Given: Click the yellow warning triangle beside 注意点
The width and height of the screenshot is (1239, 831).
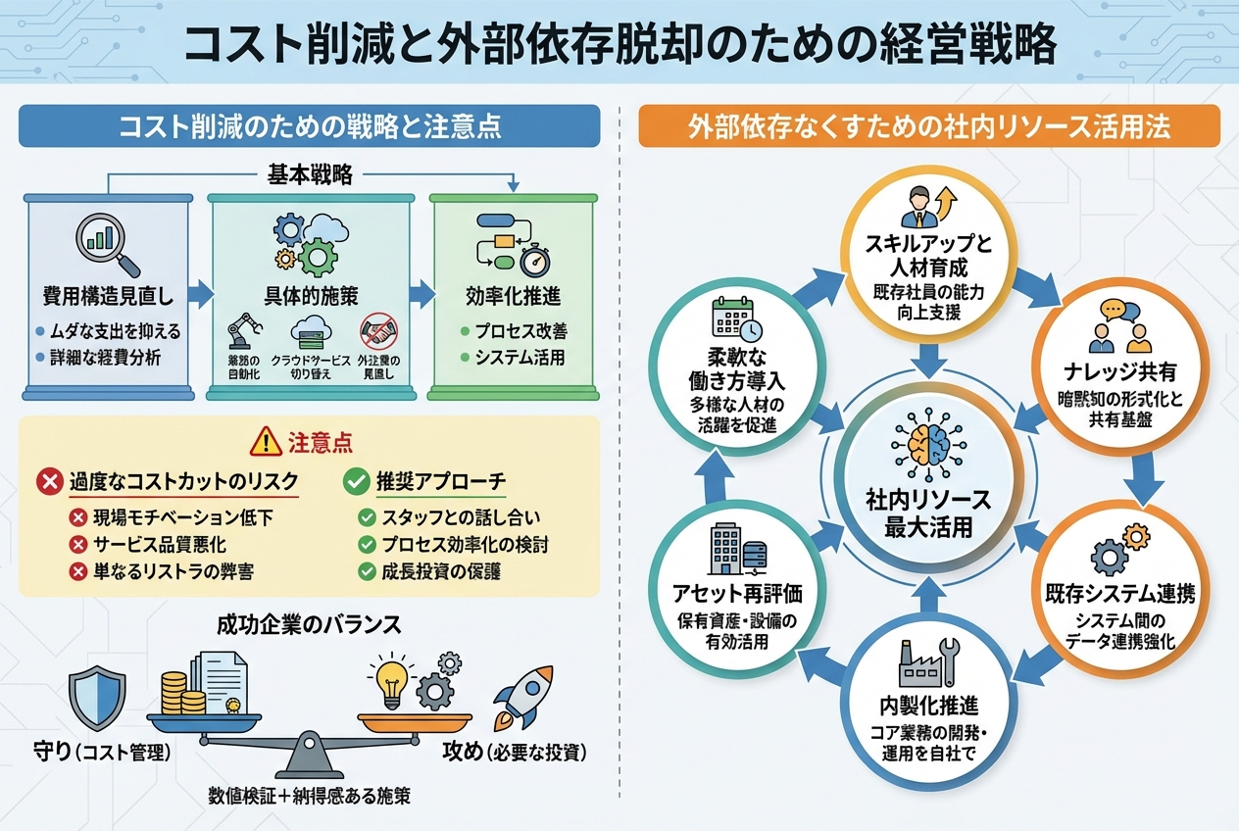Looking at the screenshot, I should (266, 442).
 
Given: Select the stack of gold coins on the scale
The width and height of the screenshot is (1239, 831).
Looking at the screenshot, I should (176, 689).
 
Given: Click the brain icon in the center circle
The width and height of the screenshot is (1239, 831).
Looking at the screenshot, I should (927, 444).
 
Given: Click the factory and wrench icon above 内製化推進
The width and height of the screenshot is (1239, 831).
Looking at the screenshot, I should (927, 662).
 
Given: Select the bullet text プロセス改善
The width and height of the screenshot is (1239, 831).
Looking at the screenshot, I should (520, 332).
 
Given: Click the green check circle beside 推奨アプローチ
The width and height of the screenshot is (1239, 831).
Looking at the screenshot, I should (355, 482).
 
